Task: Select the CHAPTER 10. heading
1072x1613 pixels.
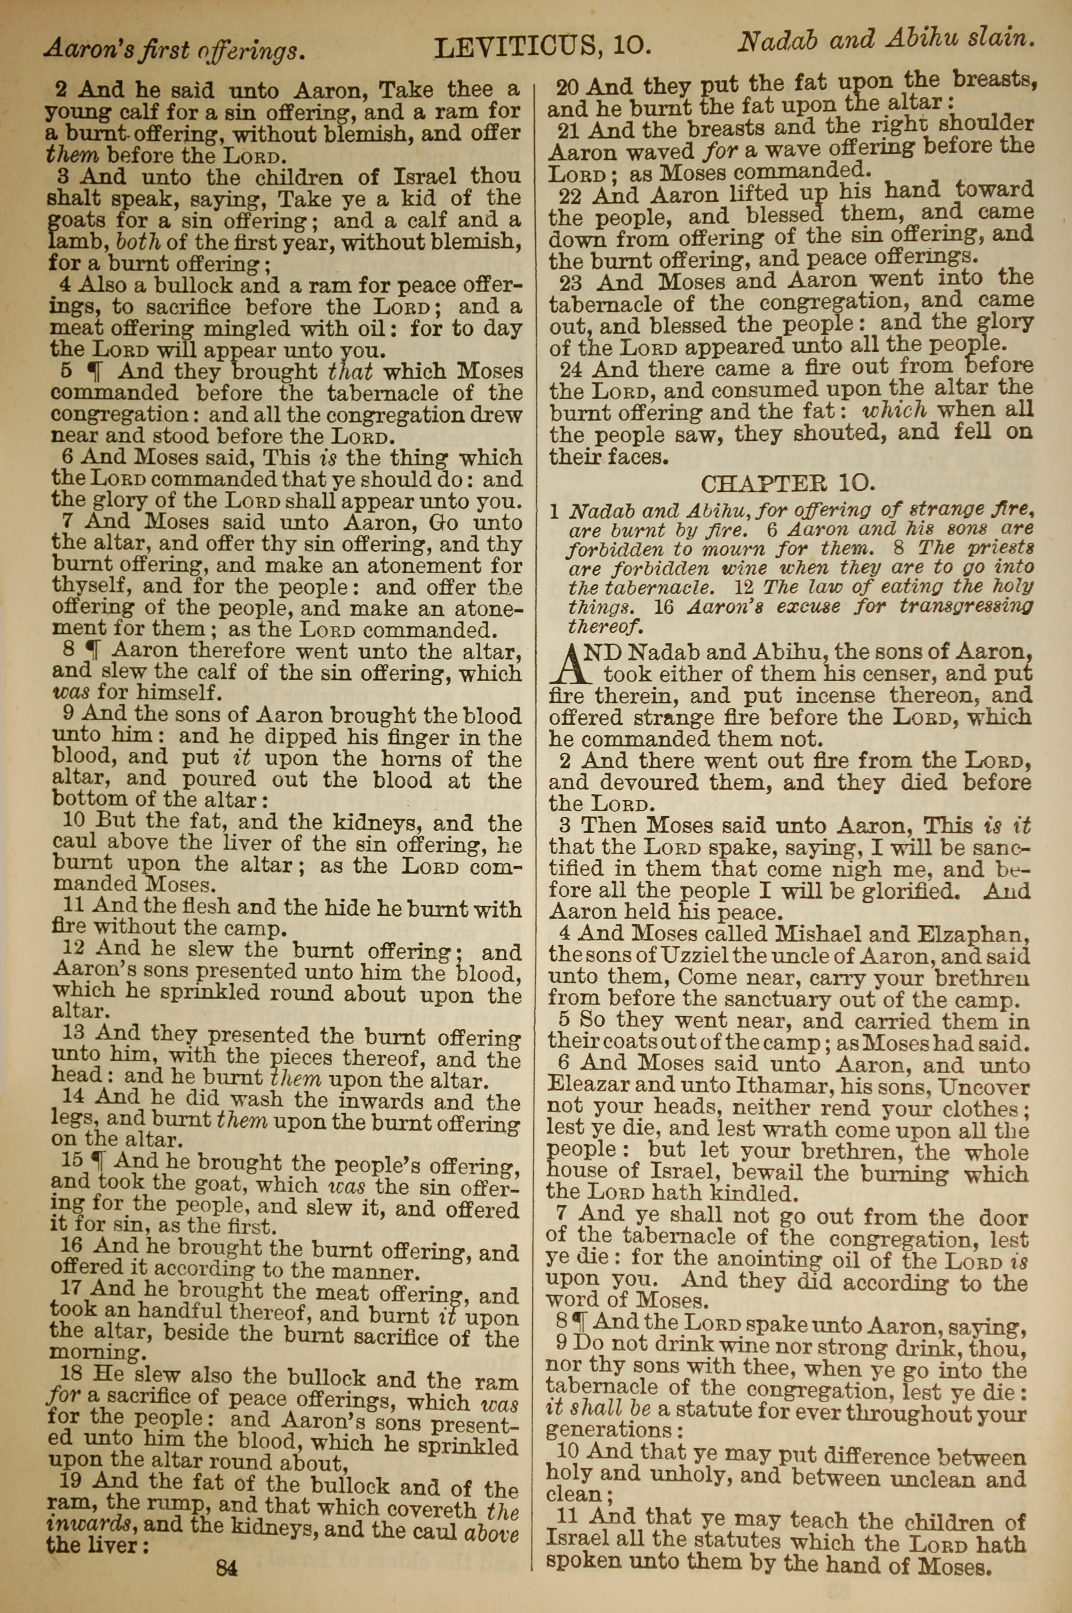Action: click(787, 484)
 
